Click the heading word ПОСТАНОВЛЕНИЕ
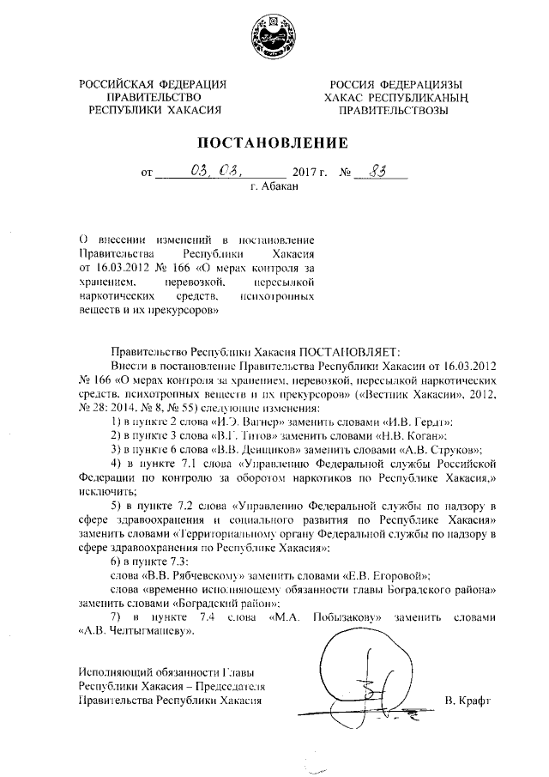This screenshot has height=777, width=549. pyautogui.click(x=274, y=143)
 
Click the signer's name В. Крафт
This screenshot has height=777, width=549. pyautogui.click(x=467, y=701)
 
